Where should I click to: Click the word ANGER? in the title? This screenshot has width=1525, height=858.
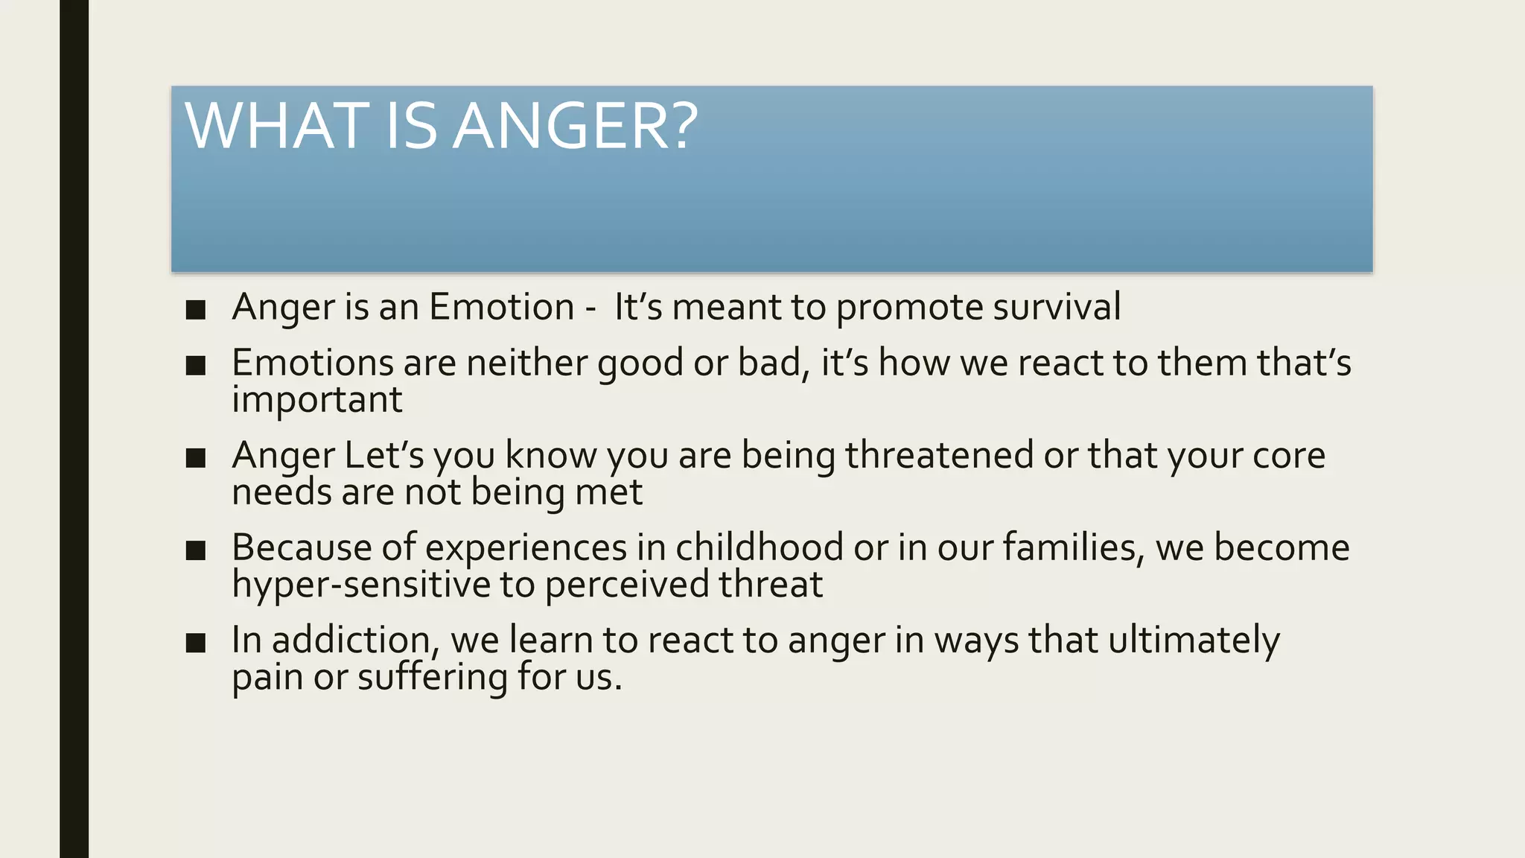click(x=575, y=126)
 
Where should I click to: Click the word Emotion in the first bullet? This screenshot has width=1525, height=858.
click(x=502, y=307)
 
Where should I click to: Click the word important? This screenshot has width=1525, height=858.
click(x=316, y=400)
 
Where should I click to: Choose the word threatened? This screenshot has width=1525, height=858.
click(x=939, y=455)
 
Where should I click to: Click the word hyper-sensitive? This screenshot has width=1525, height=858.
click(x=360, y=584)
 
